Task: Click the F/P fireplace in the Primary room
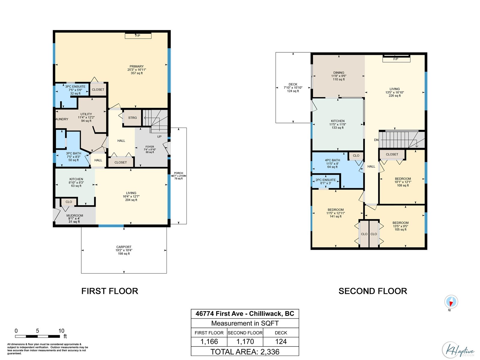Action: [138, 36]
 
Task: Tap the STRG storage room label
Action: [132, 118]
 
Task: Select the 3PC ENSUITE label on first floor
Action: [75, 87]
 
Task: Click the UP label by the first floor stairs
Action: [159, 136]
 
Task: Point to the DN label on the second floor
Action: [376, 140]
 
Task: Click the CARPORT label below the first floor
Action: [124, 247]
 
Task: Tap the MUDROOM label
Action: [75, 215]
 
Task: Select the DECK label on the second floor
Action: [293, 84]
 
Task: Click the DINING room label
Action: [339, 73]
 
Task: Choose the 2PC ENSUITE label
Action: [325, 180]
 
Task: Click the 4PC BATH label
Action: [332, 160]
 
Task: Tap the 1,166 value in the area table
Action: [209, 342]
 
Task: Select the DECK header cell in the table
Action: [281, 333]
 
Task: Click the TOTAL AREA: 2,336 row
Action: [245, 352]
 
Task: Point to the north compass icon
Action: [451, 301]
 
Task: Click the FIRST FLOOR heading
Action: [110, 291]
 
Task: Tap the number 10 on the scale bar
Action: [61, 331]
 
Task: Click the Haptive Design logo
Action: [458, 350]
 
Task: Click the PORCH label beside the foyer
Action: [178, 173]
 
